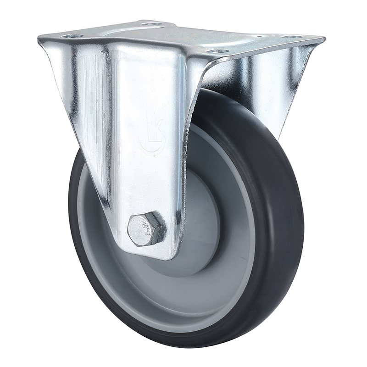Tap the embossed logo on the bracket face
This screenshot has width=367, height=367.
tap(152, 133)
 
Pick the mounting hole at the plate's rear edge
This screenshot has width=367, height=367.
tap(152, 23)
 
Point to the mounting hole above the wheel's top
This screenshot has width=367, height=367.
tap(219, 51)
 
